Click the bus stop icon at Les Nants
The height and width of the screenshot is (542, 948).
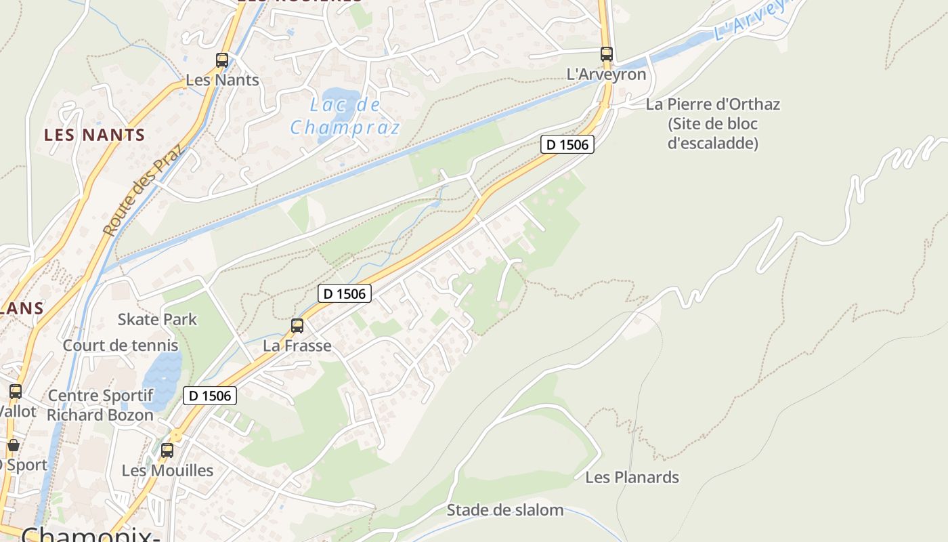coord(222,60)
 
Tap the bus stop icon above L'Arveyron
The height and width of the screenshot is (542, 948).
coord(607,54)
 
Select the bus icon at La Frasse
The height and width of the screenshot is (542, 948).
coord(297,326)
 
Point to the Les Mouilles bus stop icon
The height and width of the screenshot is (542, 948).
coord(167,450)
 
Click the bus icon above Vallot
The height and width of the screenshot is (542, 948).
coord(16,392)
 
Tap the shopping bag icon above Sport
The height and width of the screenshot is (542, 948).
coord(14,445)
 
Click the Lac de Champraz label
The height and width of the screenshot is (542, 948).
coord(345,116)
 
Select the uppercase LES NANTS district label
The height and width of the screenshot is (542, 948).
coord(95,135)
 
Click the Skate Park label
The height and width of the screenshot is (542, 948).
coord(157,319)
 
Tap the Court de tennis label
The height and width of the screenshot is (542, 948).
coord(121,345)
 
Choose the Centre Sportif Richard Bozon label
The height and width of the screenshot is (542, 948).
coord(100,405)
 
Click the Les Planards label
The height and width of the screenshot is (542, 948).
coord(632,477)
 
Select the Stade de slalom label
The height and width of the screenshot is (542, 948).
coord(504,509)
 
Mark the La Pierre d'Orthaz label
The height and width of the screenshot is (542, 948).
coord(712,104)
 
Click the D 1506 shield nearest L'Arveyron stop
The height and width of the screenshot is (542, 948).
coord(567,144)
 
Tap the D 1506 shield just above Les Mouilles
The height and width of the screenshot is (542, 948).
coord(210,396)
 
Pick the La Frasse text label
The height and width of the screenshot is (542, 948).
coord(297,346)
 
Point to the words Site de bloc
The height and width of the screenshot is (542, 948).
coord(712,124)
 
